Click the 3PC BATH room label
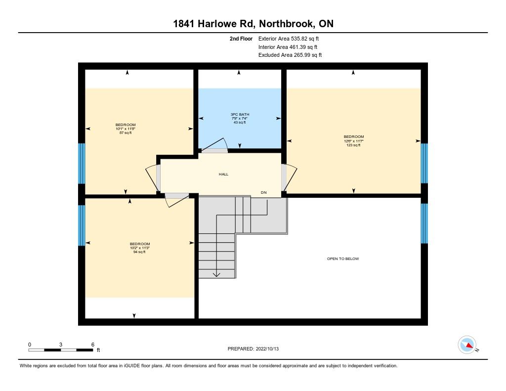click(240, 118)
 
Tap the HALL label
click(223, 174)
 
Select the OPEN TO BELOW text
click(343, 259)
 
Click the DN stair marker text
click(264, 192)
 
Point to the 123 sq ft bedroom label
click(354, 141)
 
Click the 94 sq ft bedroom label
click(140, 248)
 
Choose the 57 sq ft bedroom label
click(126, 129)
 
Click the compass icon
click(467, 345)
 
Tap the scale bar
click(61, 350)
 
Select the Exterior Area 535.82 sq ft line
click(289, 39)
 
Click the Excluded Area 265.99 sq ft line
click(290, 55)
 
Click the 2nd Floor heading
click(241, 39)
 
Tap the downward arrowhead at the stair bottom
click(216, 274)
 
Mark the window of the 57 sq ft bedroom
click(82, 164)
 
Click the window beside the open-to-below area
click(424, 223)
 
